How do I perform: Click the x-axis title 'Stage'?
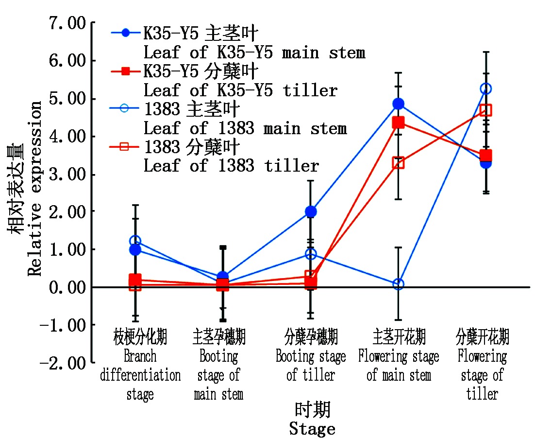pos(312,429)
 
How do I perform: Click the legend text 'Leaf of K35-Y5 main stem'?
pos(254,52)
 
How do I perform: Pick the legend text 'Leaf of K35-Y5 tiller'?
pos(240,90)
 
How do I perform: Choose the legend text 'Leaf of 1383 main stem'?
pos(245,128)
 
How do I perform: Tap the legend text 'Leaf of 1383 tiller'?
pos(231,166)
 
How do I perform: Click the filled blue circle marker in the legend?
pos(126,33)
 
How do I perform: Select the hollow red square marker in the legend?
pos(126,147)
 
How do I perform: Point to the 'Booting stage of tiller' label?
pos(311,366)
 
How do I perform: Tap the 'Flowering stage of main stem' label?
pos(399,366)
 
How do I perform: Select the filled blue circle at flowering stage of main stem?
pos(399,104)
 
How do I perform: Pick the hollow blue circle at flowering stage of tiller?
pos(485,88)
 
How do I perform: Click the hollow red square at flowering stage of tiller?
pos(485,110)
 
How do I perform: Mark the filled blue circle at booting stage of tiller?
pos(311,212)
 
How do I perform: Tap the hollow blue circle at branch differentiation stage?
pos(135,241)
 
